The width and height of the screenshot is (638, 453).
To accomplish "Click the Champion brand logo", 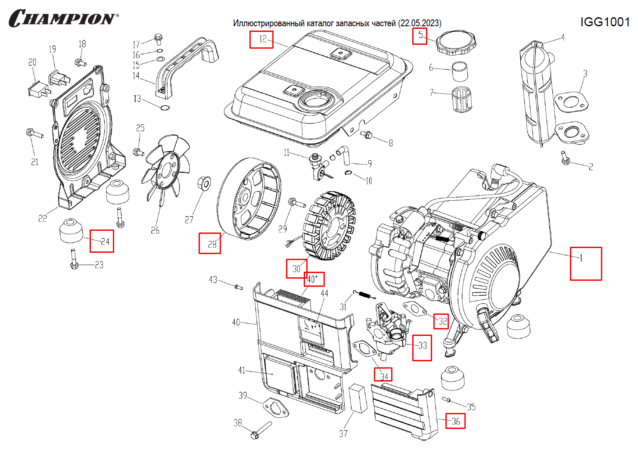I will (63, 19).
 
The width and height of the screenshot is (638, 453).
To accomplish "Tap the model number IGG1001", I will (605, 22).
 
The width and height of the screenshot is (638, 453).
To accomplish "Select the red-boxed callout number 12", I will (261, 39).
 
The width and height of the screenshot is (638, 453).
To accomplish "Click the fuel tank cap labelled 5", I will (456, 43).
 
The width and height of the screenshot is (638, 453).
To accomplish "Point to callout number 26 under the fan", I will (155, 230).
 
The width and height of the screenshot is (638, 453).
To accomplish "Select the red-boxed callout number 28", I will (210, 243).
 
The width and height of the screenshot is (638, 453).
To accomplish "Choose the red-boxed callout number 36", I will (455, 421).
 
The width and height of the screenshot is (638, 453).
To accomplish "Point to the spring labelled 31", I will (364, 295).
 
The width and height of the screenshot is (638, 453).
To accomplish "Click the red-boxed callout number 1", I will (585, 263).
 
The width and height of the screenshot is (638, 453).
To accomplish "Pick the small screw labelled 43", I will (239, 287).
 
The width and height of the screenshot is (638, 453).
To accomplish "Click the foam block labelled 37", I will (358, 398).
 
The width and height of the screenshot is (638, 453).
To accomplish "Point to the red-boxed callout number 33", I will (422, 348).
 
